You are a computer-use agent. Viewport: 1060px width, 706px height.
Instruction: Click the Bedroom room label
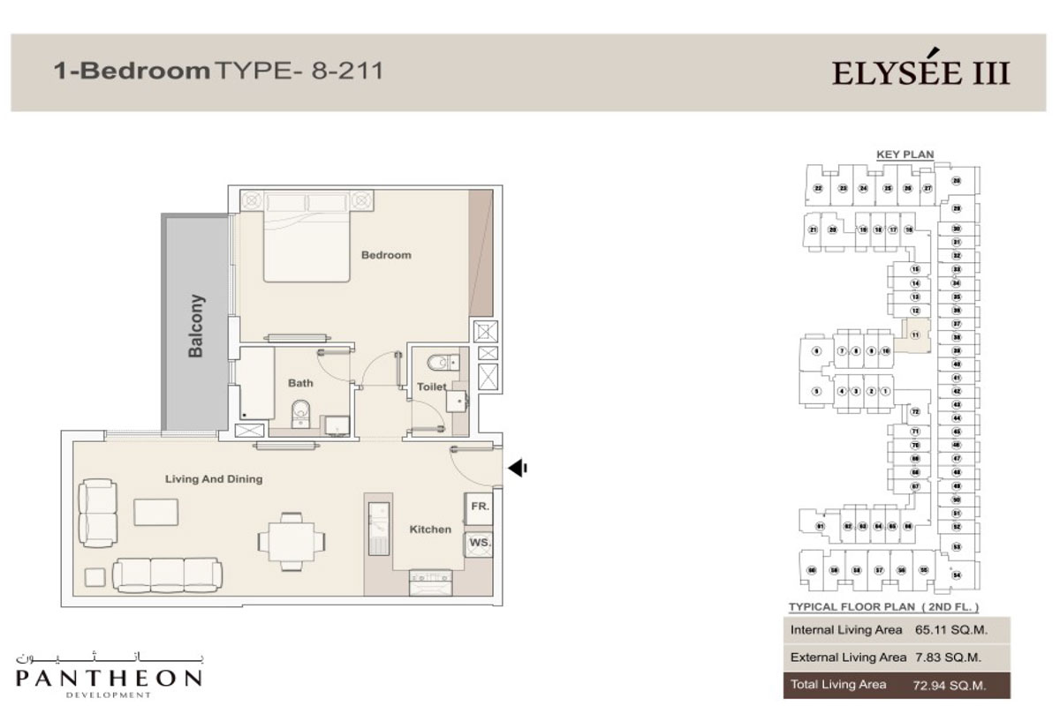coord(386,255)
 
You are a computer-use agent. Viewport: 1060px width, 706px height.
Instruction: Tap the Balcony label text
coord(196,326)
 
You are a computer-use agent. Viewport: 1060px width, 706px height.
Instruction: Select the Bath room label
coord(300,384)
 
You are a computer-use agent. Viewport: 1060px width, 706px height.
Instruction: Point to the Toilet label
coord(432,387)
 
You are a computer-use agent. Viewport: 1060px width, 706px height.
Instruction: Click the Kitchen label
coord(430,529)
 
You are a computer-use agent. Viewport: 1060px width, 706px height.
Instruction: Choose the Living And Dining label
coord(214,479)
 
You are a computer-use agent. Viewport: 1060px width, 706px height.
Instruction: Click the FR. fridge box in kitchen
coord(480,507)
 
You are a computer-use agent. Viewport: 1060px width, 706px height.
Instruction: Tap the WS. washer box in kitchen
coord(480,542)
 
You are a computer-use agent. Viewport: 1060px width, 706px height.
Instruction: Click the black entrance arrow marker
coord(518,468)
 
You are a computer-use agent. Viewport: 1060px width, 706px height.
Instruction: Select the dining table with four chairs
coord(291,537)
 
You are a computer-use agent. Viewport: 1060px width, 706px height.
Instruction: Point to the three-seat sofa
coord(169,574)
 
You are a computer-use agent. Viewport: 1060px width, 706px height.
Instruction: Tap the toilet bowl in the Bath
coord(300,412)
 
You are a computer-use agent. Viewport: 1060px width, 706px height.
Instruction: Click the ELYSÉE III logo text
coord(920,71)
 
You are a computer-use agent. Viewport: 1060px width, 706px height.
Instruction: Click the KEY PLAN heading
coord(905,154)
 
